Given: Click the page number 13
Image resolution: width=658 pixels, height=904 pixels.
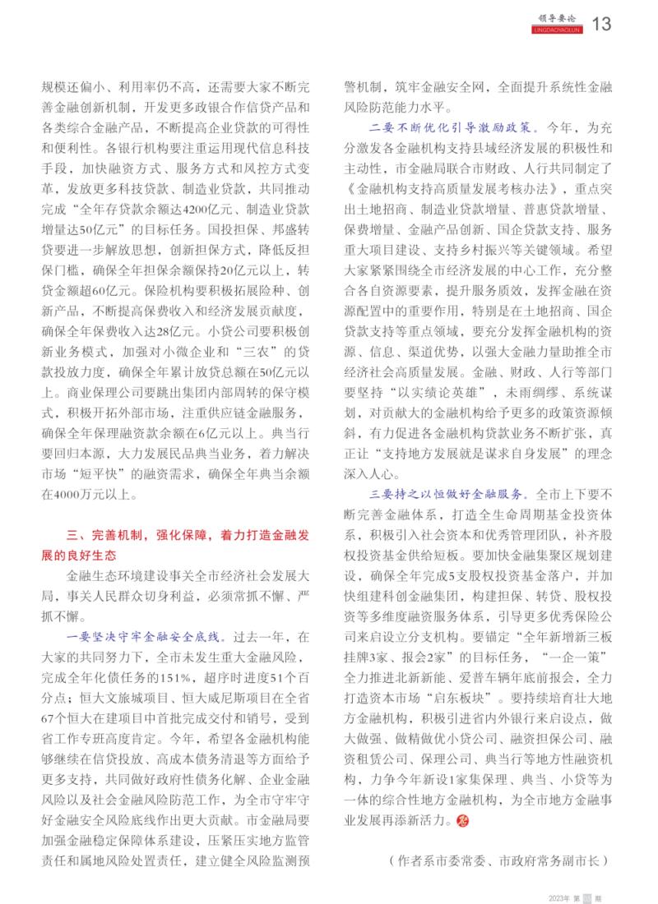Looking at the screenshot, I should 601,24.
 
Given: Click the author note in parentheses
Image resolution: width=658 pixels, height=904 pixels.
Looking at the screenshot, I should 497,860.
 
